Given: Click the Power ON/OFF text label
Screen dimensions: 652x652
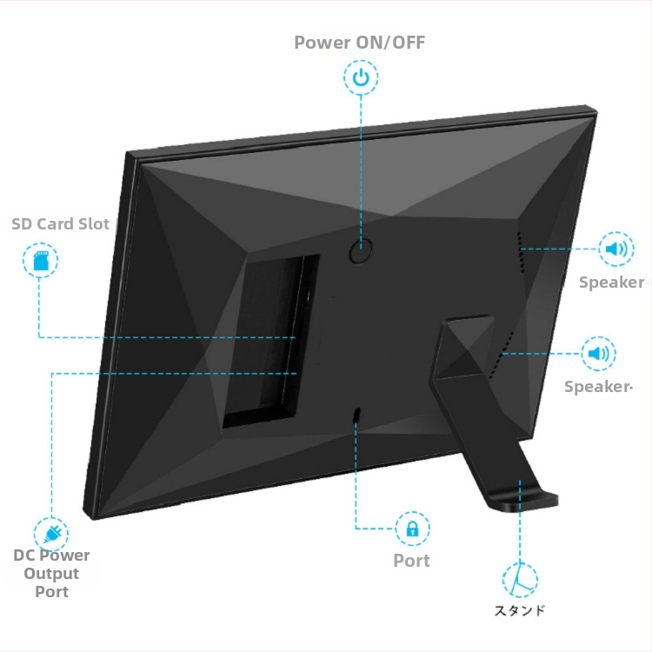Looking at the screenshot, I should point(359,42).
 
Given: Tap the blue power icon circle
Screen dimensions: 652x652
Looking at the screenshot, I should point(361,78).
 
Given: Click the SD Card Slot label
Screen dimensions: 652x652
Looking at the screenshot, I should point(61,224).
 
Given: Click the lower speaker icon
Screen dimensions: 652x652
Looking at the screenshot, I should point(598,354).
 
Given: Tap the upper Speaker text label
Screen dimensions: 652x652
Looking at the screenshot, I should point(611,283).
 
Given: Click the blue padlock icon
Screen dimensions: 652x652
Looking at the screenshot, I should point(412,528).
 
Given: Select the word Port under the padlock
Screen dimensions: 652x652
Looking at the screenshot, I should point(411,561).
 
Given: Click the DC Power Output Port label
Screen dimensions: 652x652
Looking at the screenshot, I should point(51,574).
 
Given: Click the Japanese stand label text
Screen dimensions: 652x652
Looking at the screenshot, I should point(520,610).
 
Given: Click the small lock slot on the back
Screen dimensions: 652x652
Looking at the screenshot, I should point(357,416).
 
